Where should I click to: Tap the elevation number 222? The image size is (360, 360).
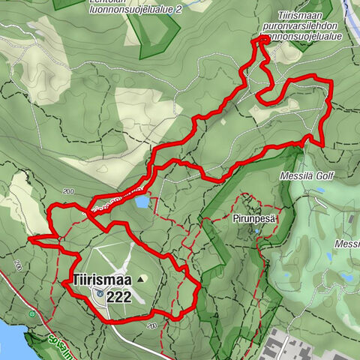point(119,297)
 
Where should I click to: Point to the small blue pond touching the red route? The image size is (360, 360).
point(141,201)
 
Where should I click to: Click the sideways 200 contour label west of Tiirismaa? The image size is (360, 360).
point(16,266)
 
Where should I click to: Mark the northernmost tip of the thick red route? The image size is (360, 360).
point(262,37)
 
